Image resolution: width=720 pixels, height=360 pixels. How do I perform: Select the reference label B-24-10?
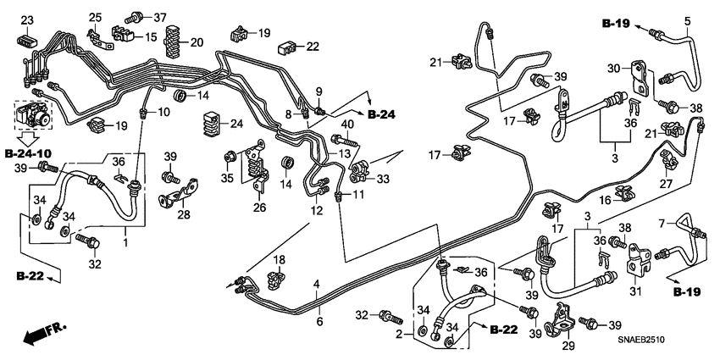coord(28,153)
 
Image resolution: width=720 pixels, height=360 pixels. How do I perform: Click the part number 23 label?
coord(27,19)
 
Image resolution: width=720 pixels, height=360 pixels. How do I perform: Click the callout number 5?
coord(687,20)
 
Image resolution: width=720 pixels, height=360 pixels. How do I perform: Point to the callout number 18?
coord(278,258)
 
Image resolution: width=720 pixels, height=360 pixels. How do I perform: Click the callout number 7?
coord(663,223)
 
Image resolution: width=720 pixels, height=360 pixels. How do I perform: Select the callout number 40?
coord(346,125)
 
